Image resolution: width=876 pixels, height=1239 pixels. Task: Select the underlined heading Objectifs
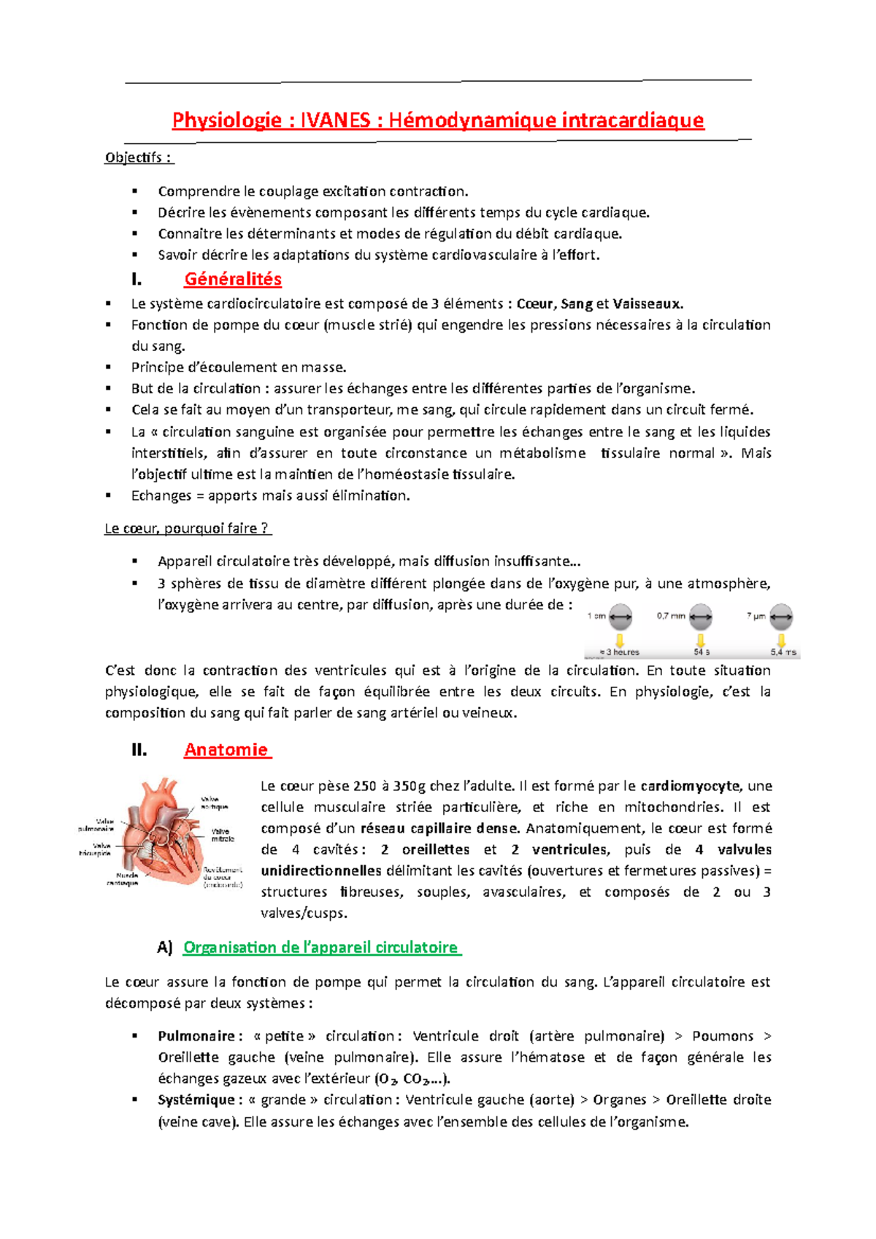pyautogui.click(x=139, y=158)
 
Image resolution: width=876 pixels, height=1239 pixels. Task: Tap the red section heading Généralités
pyautogui.click(x=233, y=279)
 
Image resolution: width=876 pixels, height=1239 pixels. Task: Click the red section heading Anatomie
pyautogui.click(x=227, y=750)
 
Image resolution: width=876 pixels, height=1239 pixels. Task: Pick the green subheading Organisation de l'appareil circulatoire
pyautogui.click(x=321, y=948)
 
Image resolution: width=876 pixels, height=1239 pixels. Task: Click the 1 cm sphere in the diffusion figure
pyautogui.click(x=621, y=617)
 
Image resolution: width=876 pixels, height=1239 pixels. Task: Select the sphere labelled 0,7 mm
pyautogui.click(x=701, y=617)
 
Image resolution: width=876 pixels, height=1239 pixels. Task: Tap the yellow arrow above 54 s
pyautogui.click(x=701, y=640)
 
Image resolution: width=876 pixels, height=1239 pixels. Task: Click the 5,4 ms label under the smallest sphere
pyautogui.click(x=783, y=652)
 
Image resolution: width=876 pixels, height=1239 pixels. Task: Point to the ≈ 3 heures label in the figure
pyautogui.click(x=619, y=652)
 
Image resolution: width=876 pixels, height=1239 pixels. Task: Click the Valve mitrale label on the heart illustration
pyautogui.click(x=222, y=835)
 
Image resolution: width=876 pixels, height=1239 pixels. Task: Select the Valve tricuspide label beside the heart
pyautogui.click(x=95, y=849)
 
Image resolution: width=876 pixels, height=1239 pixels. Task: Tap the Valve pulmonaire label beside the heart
pyautogui.click(x=96, y=825)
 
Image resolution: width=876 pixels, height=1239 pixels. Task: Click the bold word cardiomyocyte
pyautogui.click(x=690, y=787)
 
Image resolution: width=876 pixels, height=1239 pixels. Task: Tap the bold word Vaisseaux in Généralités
pyautogui.click(x=647, y=304)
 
